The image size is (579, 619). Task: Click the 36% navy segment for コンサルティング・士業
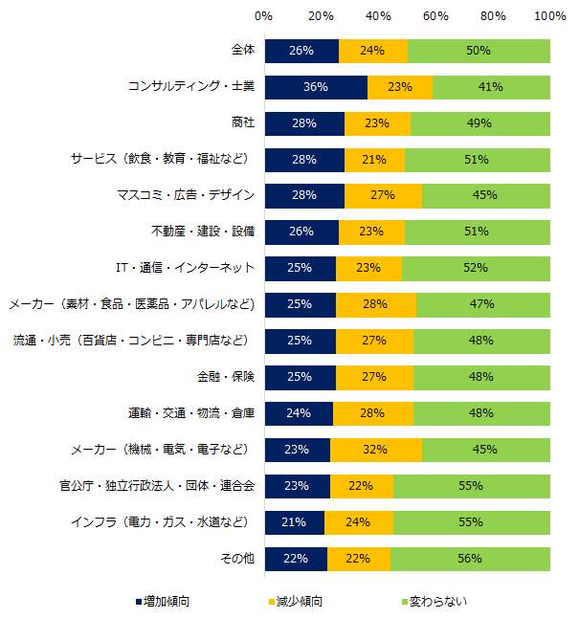(x=316, y=87)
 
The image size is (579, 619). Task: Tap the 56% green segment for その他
(x=470, y=559)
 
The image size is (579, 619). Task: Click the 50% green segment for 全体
(x=479, y=51)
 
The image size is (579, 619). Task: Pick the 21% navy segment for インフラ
(x=294, y=522)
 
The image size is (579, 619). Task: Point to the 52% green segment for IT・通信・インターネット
(x=476, y=268)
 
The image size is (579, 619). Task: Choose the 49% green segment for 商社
(x=480, y=123)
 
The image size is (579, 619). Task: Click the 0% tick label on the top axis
(x=264, y=16)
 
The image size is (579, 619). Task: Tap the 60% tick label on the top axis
(x=435, y=16)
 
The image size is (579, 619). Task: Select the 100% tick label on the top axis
(x=549, y=16)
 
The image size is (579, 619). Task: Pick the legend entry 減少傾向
(x=299, y=601)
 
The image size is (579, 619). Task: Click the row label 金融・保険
(x=230, y=377)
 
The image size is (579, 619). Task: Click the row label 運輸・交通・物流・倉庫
(x=190, y=413)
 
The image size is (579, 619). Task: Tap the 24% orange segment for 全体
(x=372, y=51)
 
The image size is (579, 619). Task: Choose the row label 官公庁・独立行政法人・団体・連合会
(x=155, y=486)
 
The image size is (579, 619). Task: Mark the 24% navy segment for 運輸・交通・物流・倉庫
(x=299, y=413)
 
